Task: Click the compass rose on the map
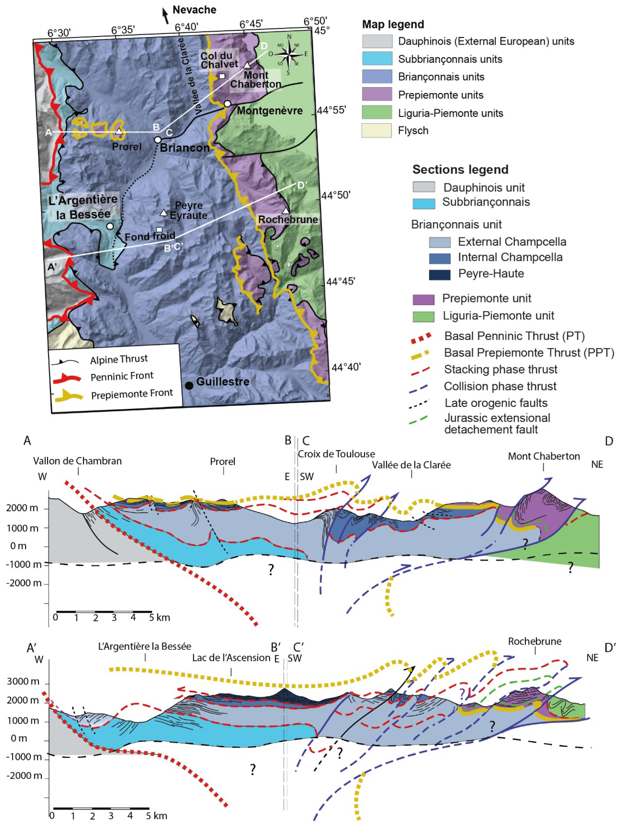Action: click(289, 54)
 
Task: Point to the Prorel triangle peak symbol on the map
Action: click(119, 131)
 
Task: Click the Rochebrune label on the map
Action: click(288, 219)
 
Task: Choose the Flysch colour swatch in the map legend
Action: click(377, 131)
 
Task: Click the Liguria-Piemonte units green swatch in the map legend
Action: click(377, 113)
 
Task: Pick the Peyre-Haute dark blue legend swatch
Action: click(439, 274)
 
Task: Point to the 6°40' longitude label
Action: click(187, 27)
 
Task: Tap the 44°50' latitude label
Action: click(336, 195)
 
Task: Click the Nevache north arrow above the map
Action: click(165, 16)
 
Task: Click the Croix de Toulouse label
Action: click(336, 454)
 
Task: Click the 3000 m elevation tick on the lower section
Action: click(23, 681)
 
